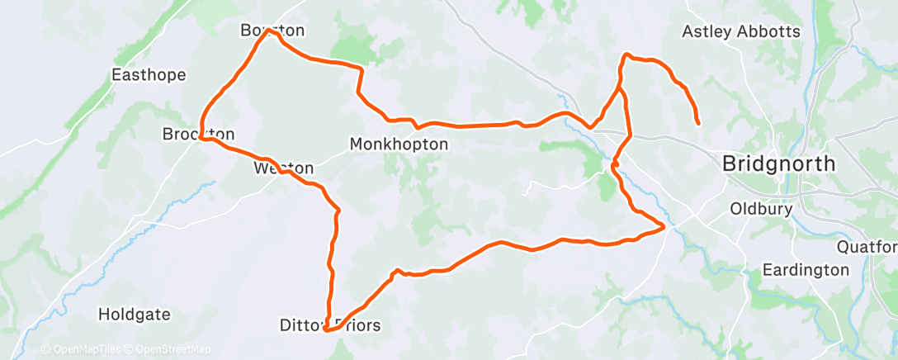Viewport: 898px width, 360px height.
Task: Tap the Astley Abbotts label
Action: (741, 32)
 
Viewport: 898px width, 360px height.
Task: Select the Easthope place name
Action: (149, 75)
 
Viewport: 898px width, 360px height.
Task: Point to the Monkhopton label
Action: (399, 144)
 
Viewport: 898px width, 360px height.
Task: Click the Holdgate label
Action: (134, 314)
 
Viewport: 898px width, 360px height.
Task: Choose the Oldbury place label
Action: (761, 209)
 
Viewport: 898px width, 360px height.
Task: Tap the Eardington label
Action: (805, 270)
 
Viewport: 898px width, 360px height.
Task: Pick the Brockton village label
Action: (198, 134)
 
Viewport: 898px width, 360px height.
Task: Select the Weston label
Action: (283, 168)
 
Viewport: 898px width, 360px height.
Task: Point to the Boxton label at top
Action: (272, 31)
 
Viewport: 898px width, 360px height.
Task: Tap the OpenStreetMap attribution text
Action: (173, 349)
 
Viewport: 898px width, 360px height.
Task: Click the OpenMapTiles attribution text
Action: (84, 349)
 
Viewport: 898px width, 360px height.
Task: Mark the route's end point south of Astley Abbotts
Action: (698, 123)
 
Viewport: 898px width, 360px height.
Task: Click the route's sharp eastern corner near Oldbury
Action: (664, 225)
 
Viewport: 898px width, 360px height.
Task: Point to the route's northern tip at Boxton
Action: (269, 31)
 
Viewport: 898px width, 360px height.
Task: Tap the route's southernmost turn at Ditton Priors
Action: (326, 330)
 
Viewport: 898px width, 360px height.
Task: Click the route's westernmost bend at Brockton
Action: (201, 136)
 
